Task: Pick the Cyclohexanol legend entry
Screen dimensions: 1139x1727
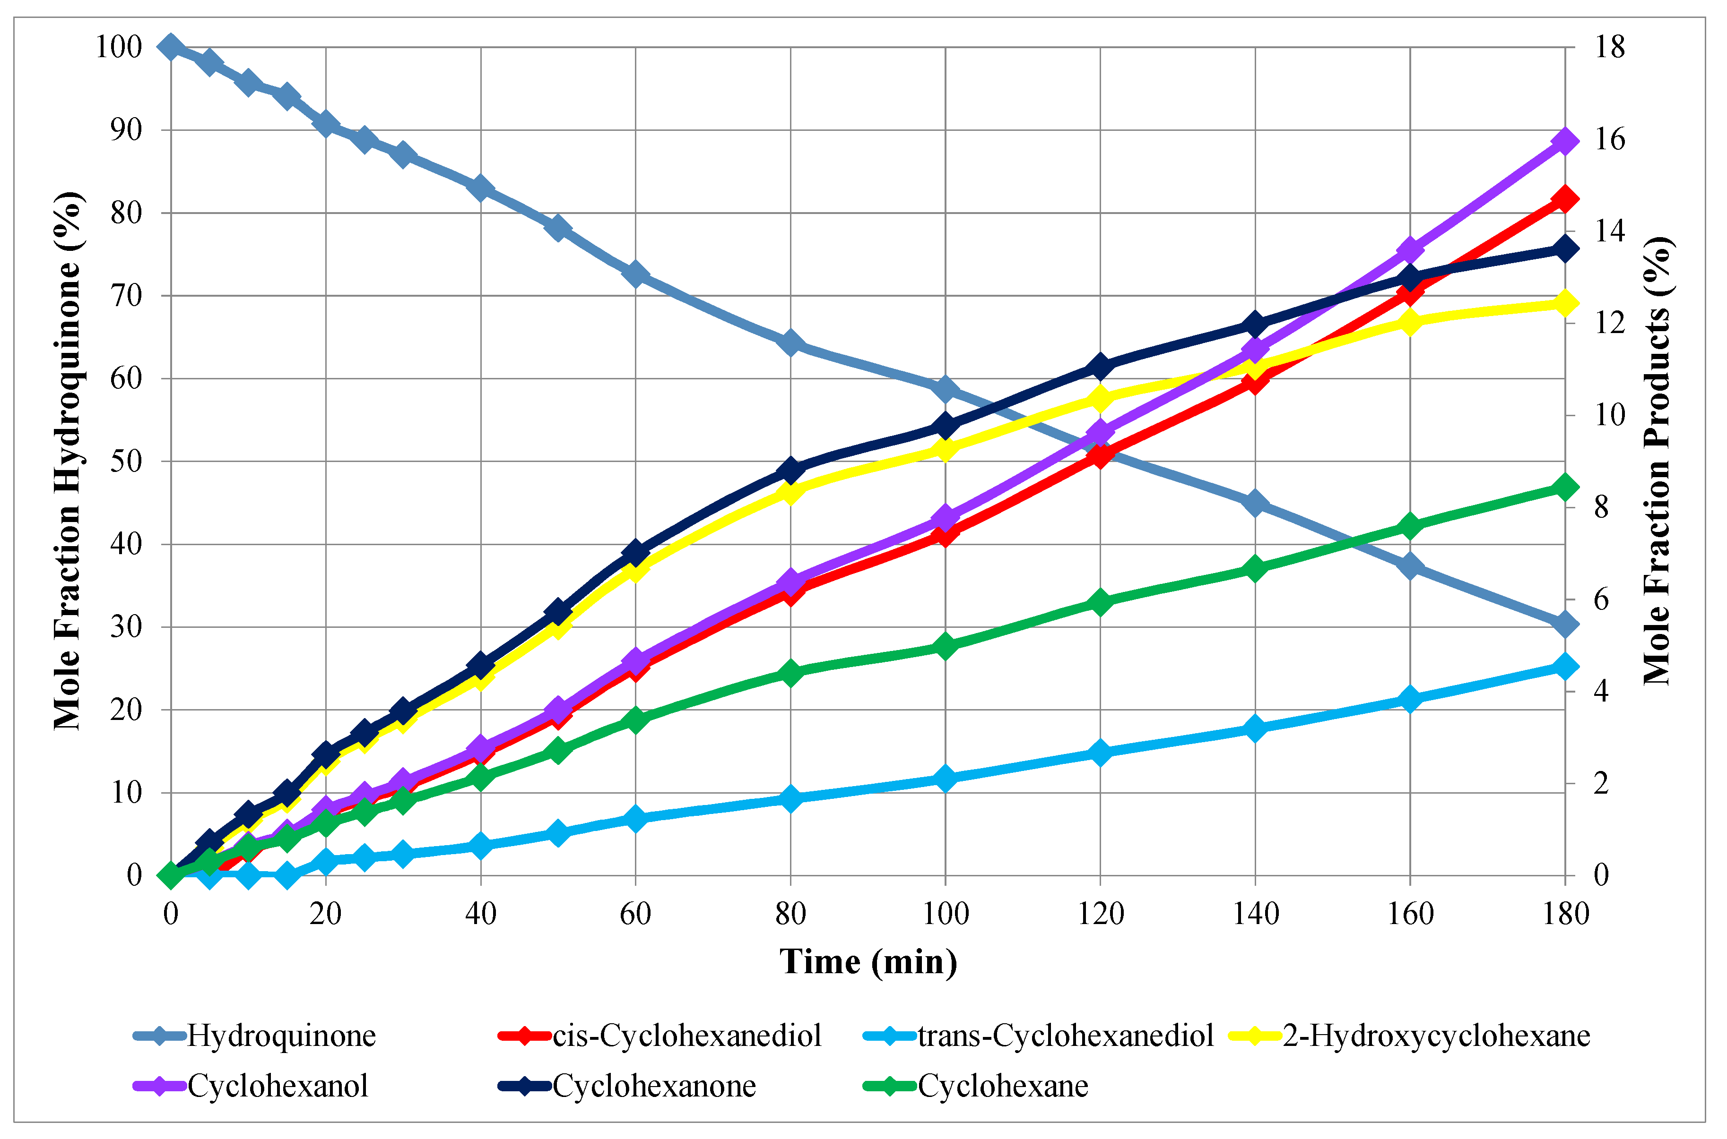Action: point(278,1087)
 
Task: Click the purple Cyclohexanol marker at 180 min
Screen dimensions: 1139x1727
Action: point(1565,141)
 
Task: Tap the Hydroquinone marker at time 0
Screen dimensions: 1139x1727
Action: point(171,47)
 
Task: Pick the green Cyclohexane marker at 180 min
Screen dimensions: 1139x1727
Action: point(1565,487)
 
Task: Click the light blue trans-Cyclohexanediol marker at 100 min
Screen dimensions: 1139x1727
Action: point(945,779)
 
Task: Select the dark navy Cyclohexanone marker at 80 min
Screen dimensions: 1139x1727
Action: point(791,470)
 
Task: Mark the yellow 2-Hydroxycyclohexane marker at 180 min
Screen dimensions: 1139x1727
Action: point(1565,303)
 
